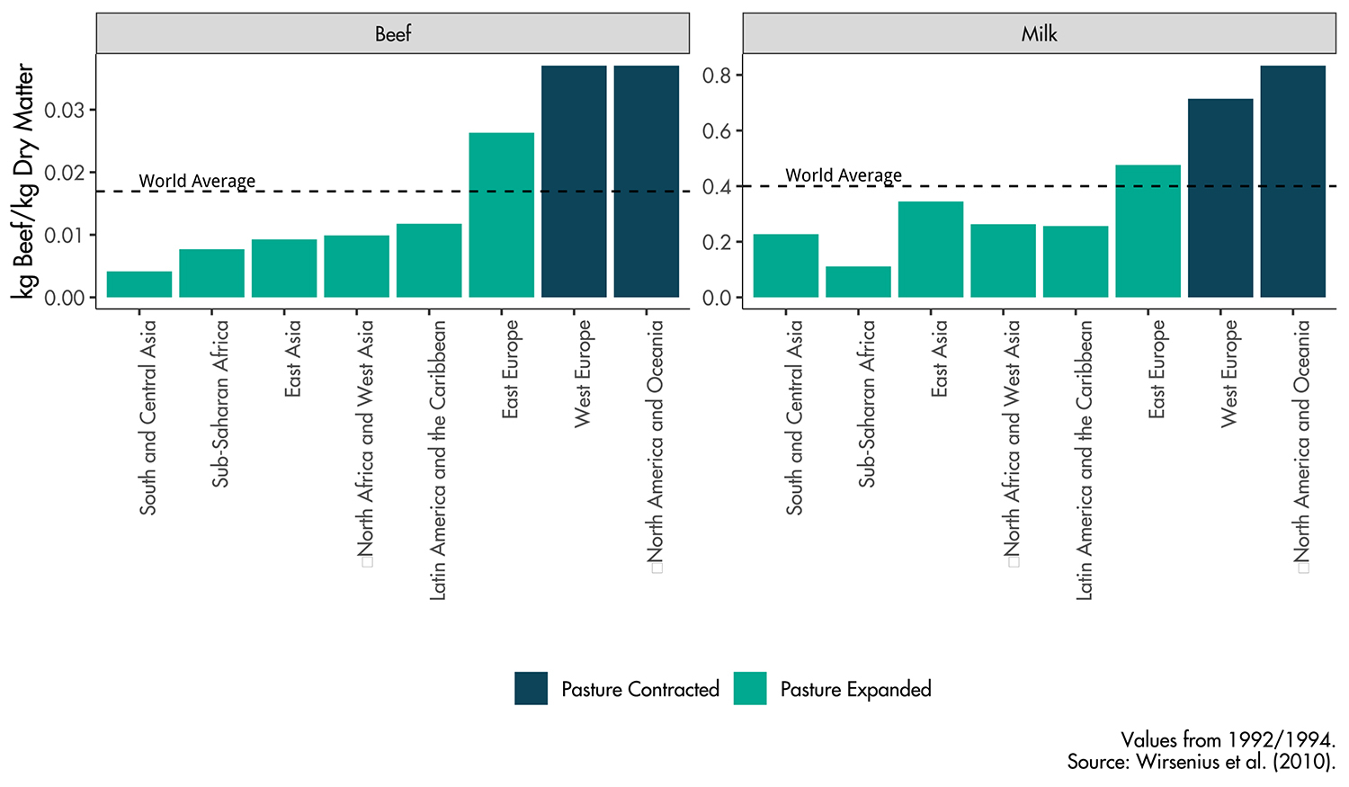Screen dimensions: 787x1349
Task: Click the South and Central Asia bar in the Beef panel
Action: click(x=139, y=284)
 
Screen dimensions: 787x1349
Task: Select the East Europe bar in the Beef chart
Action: click(x=501, y=215)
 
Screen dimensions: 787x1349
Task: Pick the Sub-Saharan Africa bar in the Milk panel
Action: click(x=858, y=282)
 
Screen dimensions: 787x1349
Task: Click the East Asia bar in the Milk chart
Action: click(x=931, y=249)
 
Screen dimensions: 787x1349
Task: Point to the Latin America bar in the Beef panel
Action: click(x=429, y=261)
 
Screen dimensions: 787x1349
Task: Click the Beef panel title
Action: click(x=393, y=34)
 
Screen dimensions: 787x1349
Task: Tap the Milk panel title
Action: click(x=1039, y=34)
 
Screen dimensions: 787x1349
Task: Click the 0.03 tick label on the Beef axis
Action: click(x=65, y=111)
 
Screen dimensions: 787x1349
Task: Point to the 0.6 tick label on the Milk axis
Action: click(x=717, y=131)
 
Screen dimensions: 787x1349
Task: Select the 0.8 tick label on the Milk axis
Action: click(x=717, y=76)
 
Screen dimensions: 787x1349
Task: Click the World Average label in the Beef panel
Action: click(x=197, y=181)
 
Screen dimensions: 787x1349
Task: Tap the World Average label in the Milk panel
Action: click(x=844, y=175)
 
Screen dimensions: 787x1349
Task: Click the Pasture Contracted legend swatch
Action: click(x=531, y=689)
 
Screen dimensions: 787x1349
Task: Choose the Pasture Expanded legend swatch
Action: click(x=750, y=689)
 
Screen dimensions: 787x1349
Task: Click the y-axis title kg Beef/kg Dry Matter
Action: click(x=24, y=180)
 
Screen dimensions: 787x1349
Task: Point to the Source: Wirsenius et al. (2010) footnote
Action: click(x=1201, y=762)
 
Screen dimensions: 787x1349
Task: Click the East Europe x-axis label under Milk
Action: click(x=1157, y=369)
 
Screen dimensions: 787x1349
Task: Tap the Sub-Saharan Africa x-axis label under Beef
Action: click(x=220, y=404)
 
